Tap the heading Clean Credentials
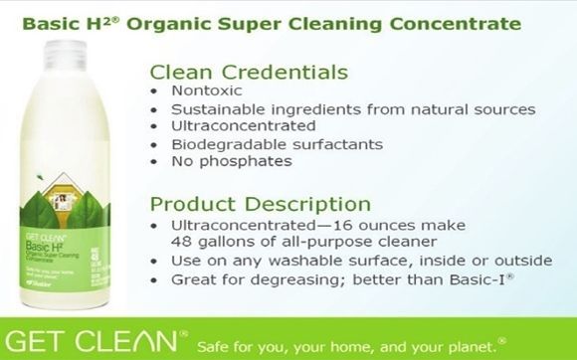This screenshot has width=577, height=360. (248, 73)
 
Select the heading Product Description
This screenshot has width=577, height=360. (260, 205)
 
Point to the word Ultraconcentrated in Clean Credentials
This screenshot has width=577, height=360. (243, 125)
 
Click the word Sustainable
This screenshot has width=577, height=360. (219, 108)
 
